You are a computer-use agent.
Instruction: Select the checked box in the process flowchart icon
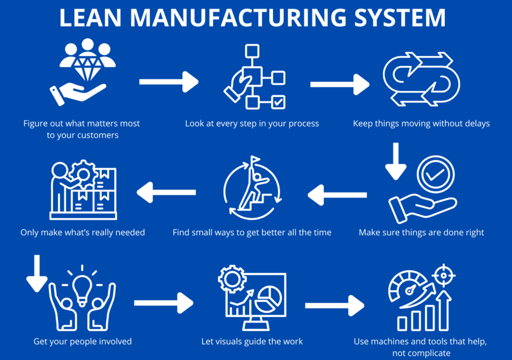point(278,102)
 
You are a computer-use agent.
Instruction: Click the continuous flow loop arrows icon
point(421,79)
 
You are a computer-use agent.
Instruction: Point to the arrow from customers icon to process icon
point(169,82)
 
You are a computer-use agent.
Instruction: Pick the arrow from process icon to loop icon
point(340,84)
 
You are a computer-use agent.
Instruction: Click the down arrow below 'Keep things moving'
point(396,161)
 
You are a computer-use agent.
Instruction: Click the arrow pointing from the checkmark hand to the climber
point(338,195)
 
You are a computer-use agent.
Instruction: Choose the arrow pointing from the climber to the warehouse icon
point(166,192)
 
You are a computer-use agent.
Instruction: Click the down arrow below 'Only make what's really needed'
point(37,273)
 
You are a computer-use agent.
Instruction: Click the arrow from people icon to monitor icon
point(164,303)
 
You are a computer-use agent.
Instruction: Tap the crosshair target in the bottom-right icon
point(444,276)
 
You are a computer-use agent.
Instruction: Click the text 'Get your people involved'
point(83,341)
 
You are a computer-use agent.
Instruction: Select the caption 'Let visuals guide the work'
point(252,341)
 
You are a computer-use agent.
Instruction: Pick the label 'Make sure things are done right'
point(421,233)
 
